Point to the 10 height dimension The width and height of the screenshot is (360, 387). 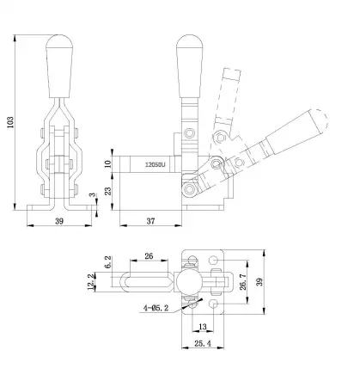pyautogui.click(x=108, y=163)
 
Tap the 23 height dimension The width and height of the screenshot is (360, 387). pyautogui.click(x=108, y=191)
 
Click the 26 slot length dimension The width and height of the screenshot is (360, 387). pyautogui.click(x=150, y=255)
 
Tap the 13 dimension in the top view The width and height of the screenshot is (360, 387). pyautogui.click(x=200, y=327)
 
